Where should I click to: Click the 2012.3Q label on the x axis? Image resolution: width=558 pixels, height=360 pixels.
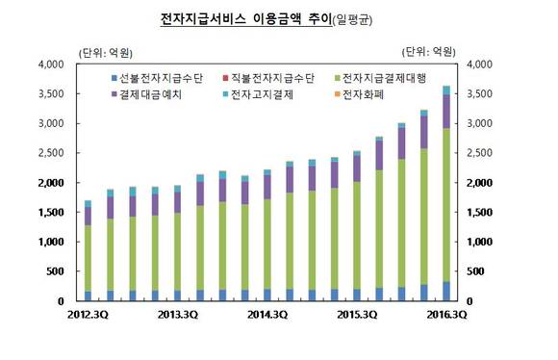click(88, 314)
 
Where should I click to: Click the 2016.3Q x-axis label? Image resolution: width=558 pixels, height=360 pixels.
click(445, 314)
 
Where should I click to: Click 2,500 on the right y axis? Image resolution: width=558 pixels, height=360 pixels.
click(478, 153)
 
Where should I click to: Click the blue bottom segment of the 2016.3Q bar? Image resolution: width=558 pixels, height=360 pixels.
click(445, 291)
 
